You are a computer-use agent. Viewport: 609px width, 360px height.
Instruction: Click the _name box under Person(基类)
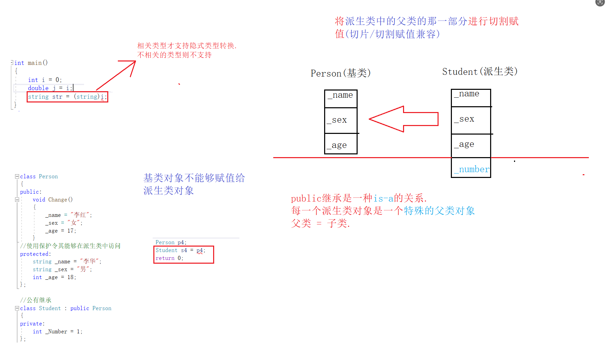pos(341,98)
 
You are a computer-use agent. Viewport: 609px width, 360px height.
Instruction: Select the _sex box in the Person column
pos(341,120)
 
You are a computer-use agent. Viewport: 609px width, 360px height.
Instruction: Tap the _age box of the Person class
pos(341,144)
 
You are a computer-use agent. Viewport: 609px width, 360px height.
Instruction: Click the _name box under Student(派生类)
pos(471,98)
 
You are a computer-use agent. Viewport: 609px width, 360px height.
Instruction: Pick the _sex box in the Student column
pos(471,120)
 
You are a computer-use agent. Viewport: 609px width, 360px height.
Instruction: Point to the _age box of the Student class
pos(471,145)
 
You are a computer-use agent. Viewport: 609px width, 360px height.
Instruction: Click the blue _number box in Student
pos(471,168)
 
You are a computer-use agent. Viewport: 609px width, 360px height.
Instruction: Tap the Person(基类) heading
pos(341,73)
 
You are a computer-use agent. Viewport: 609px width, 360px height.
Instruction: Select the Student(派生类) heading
pos(480,72)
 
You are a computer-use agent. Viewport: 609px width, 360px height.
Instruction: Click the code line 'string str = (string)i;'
pos(67,97)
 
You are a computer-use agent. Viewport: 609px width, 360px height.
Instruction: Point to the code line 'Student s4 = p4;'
pos(180,250)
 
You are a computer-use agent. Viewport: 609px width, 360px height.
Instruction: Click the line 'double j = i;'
pos(50,88)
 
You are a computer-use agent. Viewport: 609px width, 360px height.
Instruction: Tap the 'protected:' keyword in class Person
pos(35,254)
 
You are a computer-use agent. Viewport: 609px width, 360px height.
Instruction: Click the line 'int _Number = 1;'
pos(57,332)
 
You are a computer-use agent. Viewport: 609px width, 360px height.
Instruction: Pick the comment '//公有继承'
pos(36,300)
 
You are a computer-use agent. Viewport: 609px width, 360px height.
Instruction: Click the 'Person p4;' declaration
pos(171,243)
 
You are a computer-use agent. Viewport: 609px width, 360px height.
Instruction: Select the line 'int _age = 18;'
pos(54,277)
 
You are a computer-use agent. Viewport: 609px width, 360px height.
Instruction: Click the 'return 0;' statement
pos(169,258)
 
